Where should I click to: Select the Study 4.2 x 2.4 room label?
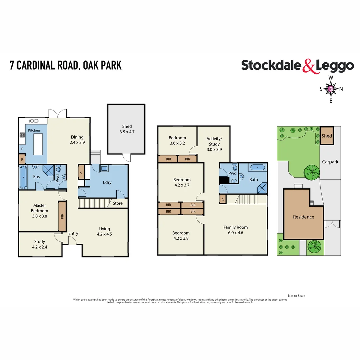39,244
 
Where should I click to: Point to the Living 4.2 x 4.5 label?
104,231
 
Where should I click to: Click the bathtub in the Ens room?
23,177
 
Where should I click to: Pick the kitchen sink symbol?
34,121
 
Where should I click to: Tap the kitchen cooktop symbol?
23,135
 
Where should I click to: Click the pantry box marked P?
22,159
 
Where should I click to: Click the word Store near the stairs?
118,203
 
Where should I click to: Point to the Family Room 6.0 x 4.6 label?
235,230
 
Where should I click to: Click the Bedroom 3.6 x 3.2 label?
177,141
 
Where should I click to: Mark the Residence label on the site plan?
303,217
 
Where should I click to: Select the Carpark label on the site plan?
330,162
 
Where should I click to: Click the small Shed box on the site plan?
327,136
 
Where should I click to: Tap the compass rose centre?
330,89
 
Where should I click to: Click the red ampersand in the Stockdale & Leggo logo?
308,66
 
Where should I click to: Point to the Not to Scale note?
296,296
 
